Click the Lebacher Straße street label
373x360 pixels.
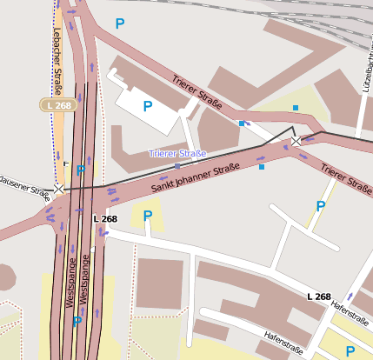pyautogui.click(x=57, y=61)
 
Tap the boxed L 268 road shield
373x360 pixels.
pyautogui.click(x=60, y=105)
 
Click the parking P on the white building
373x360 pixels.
pyautogui.click(x=148, y=106)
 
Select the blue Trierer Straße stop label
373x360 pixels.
pyautogui.click(x=177, y=154)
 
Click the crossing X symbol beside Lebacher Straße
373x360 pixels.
pyautogui.click(x=59, y=188)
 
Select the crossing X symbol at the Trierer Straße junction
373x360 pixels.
pyautogui.click(x=296, y=140)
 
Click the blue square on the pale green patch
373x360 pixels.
pyautogui.click(x=296, y=108)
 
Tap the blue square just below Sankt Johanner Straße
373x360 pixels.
pyautogui.click(x=262, y=166)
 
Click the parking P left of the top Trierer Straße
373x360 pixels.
pyautogui.click(x=120, y=22)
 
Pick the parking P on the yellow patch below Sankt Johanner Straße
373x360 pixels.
pyautogui.click(x=148, y=215)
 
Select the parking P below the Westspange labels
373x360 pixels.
pyautogui.click(x=77, y=321)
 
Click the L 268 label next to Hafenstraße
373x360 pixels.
pyautogui.click(x=318, y=297)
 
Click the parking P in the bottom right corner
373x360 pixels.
pyautogui.click(x=350, y=351)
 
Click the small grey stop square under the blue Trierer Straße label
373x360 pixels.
pyautogui.click(x=177, y=165)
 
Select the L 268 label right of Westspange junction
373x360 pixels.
pyautogui.click(x=105, y=219)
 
